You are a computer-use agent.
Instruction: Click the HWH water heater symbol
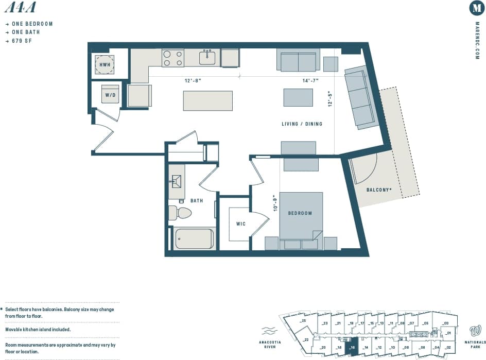105,64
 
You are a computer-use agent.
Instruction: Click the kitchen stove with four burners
173,58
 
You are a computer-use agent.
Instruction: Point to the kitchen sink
207,57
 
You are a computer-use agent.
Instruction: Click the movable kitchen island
207,100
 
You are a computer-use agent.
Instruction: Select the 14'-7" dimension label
310,80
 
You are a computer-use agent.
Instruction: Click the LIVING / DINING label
302,124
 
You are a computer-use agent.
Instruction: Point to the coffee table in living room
298,97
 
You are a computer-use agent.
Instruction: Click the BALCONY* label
379,190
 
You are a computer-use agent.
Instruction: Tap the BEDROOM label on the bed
300,213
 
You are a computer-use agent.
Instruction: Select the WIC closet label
240,224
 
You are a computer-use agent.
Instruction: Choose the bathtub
194,238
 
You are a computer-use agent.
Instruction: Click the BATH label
197,200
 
